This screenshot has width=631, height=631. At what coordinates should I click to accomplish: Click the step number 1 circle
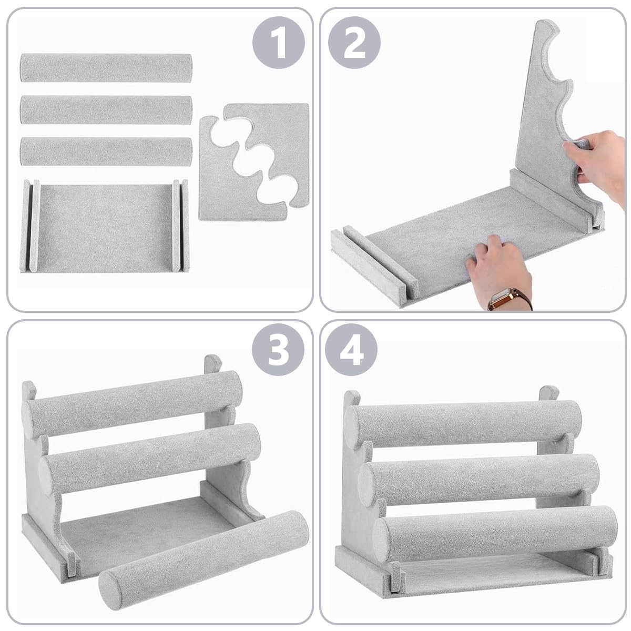(279, 43)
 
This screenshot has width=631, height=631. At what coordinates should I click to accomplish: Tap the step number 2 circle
(354, 43)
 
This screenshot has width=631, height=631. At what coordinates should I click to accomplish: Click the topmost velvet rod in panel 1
(106, 67)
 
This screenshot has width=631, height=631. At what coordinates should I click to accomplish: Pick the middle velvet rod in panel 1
(106, 109)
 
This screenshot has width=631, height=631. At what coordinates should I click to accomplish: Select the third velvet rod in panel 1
(106, 151)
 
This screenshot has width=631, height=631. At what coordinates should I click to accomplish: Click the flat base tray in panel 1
(104, 227)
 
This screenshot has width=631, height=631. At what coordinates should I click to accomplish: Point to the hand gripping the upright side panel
(599, 158)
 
